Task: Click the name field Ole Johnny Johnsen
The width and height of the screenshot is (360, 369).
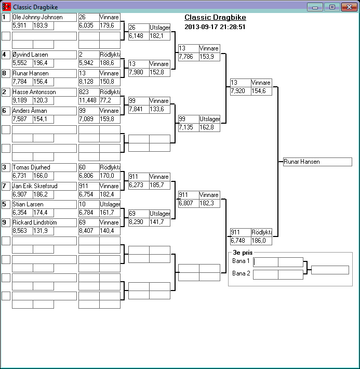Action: tap(44, 17)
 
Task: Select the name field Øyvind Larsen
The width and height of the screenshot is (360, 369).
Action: tap(44, 55)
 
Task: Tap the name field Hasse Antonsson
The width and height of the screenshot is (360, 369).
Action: tap(44, 92)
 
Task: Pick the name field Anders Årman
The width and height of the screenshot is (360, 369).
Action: tap(44, 111)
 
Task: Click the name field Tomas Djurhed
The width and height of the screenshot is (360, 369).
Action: tap(44, 167)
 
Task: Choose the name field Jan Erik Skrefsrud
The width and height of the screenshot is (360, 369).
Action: tap(44, 186)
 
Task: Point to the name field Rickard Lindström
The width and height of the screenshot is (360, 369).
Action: tap(44, 222)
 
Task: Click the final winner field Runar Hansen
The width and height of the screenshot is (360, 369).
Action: tap(317, 162)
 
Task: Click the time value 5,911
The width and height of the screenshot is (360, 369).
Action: tap(22, 25)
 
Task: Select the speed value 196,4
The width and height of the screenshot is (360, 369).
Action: tap(43, 62)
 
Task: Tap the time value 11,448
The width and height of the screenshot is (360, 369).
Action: tap(88, 100)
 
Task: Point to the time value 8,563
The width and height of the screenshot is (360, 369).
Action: tap(22, 230)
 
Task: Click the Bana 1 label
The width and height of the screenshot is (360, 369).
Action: tap(241, 261)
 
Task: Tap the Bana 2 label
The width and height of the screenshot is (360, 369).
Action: tap(241, 273)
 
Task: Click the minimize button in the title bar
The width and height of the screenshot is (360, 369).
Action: tap(314, 7)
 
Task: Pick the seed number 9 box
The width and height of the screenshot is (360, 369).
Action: tap(6, 222)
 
